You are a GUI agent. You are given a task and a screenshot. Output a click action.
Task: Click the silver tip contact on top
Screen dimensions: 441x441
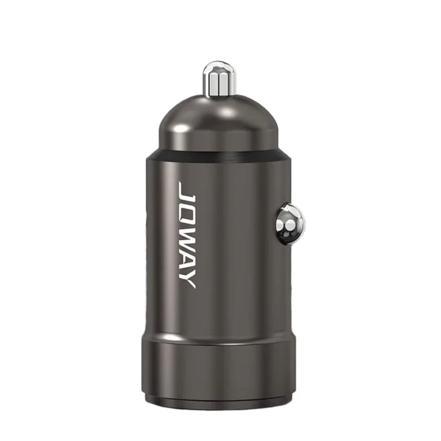point(219,79)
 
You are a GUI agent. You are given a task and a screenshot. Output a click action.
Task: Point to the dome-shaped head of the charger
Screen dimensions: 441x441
point(218,123)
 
